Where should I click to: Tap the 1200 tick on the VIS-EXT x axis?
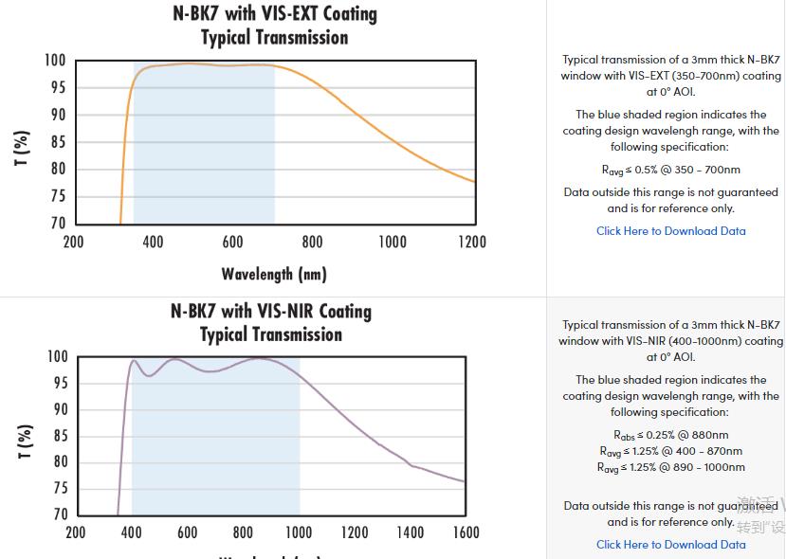point(472,242)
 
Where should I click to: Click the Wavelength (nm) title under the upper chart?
point(274,274)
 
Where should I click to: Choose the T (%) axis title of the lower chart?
point(23,442)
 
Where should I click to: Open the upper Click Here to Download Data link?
point(670,231)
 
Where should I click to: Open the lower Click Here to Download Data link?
point(670,545)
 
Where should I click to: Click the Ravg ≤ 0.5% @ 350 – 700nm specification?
point(670,171)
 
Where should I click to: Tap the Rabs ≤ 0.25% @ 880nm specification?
point(670,436)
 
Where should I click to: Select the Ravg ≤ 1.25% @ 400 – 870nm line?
point(670,451)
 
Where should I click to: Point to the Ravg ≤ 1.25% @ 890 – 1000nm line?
point(670,467)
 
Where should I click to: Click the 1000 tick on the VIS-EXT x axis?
point(393,242)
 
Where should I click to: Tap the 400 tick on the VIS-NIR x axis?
point(132,532)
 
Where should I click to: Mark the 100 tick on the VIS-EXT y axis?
point(55,61)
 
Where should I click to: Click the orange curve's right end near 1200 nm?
point(473,181)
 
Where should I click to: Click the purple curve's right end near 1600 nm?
point(464,481)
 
